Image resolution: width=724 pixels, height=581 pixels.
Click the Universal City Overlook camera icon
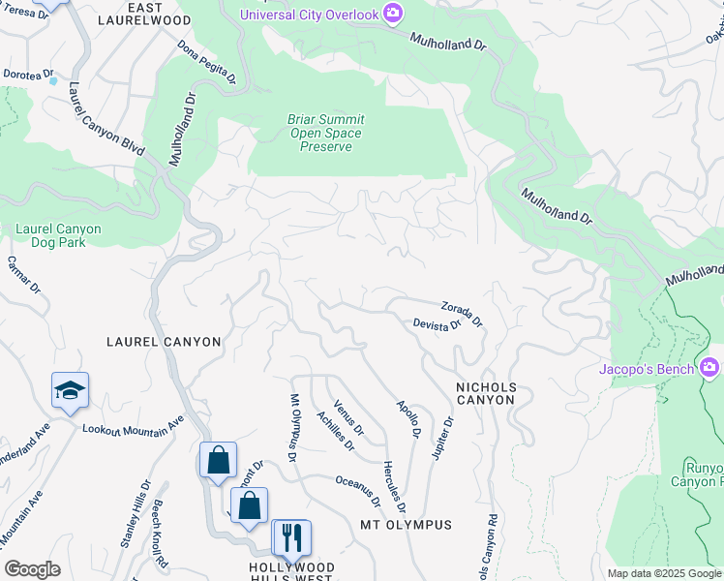(393, 13)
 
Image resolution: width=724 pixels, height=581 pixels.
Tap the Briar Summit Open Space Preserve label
(324, 133)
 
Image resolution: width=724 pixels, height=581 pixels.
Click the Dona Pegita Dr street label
(206, 63)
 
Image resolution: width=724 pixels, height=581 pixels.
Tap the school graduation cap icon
(70, 390)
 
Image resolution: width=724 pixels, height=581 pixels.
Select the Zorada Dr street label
(462, 314)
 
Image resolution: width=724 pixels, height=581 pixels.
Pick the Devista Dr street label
(437, 326)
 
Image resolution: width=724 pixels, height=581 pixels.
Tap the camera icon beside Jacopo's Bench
(709, 368)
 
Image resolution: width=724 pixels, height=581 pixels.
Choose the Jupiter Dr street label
(442, 439)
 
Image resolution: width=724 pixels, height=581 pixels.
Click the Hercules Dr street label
(394, 486)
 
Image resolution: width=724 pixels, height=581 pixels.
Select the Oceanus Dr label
(358, 490)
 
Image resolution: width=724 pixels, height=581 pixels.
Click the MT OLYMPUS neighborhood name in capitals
(406, 525)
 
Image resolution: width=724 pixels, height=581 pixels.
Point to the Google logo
(32, 569)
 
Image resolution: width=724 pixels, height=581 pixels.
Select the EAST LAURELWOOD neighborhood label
(158, 14)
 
